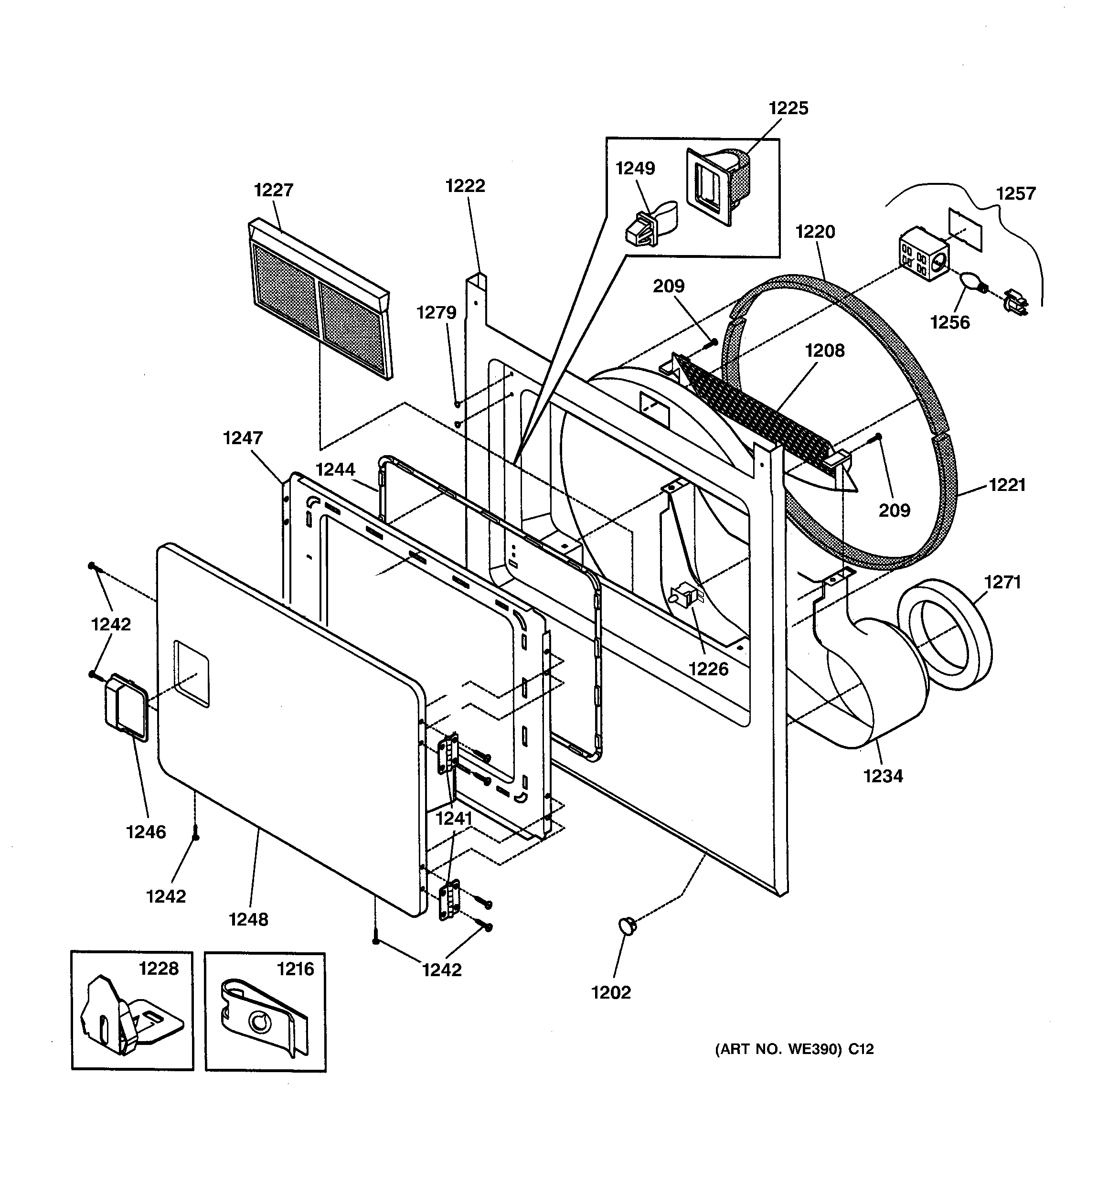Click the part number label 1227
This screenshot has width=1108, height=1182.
click(274, 190)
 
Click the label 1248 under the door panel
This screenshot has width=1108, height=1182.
click(249, 919)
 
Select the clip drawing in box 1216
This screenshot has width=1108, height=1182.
click(265, 1022)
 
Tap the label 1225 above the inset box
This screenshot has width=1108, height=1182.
click(788, 108)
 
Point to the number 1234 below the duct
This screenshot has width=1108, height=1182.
click(883, 776)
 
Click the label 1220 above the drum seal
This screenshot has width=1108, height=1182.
click(815, 232)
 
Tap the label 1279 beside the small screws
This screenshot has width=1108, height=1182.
click(436, 313)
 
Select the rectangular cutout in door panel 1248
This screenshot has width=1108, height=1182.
click(192, 674)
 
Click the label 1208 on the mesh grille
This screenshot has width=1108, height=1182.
click(824, 351)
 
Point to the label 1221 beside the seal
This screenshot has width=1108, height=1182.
click(1008, 485)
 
